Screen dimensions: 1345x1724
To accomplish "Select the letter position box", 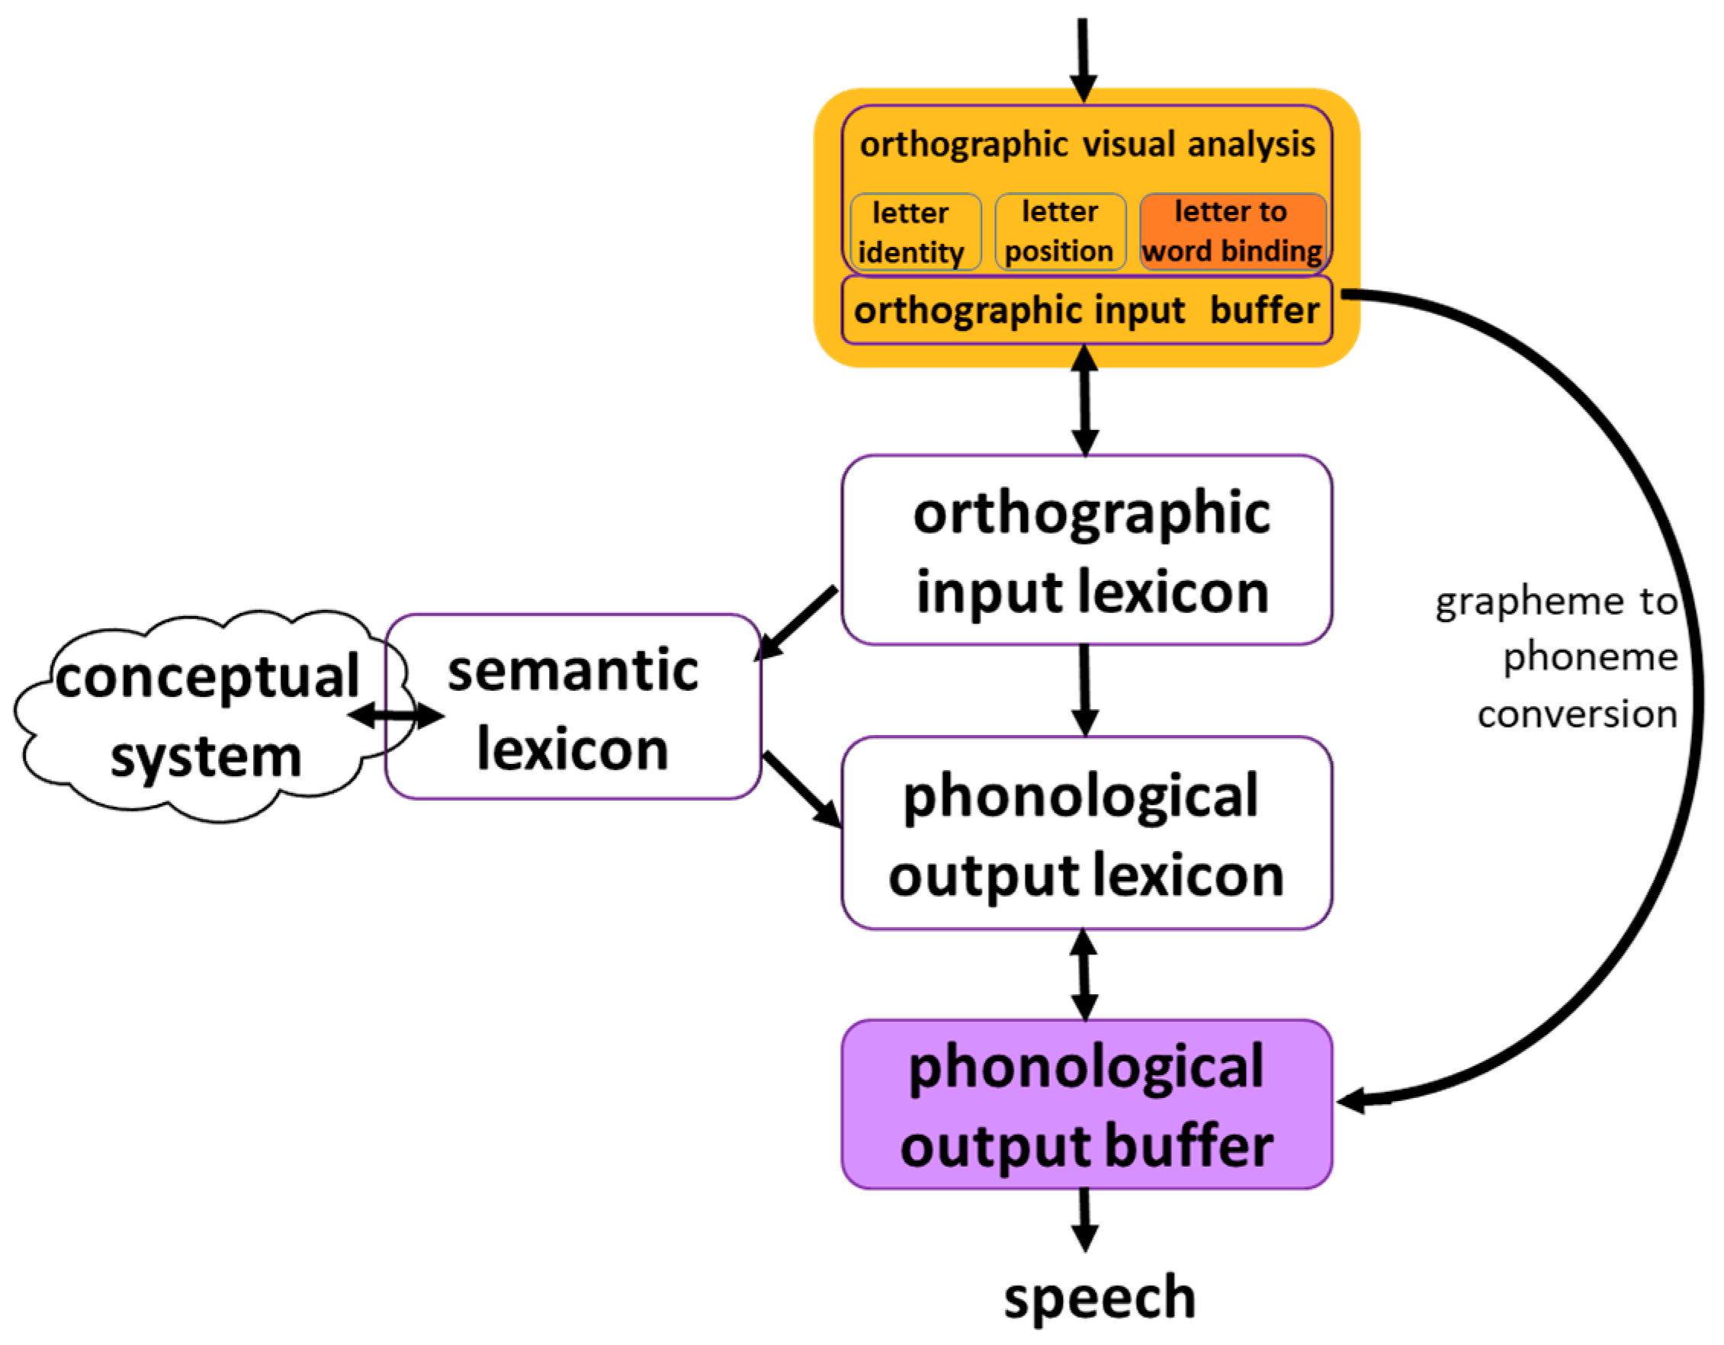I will [1059, 232].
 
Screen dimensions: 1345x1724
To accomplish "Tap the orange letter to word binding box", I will [1231, 231].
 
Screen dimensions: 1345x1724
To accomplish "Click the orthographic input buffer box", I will [1087, 310].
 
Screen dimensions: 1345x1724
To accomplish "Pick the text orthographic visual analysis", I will [1087, 145].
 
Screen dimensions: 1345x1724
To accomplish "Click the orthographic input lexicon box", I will [1087, 551].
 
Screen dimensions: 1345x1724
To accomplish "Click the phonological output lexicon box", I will [1087, 833].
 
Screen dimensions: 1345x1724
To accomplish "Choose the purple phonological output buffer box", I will [1087, 1105].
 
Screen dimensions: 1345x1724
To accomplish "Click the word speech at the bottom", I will [1099, 1298].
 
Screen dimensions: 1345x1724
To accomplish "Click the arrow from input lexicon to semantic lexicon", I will [796, 624].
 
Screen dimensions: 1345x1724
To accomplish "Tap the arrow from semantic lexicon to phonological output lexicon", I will [802, 789].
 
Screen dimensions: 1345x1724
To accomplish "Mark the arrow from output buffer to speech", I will [1085, 1219].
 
